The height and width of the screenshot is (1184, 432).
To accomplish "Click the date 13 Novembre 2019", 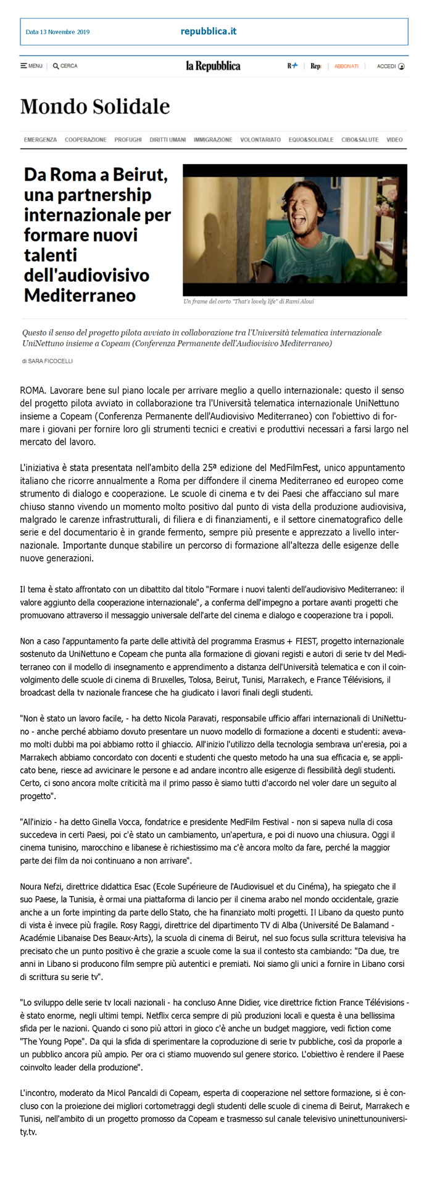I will pos(57,32).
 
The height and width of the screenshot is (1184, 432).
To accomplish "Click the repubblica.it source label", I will pos(209,31).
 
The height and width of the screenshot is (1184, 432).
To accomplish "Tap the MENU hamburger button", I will pos(31,66).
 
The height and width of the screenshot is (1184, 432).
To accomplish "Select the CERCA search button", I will pos(65,66).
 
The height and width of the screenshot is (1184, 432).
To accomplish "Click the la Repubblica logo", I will pos(214,66).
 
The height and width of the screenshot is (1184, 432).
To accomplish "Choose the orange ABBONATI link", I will pos(346,66).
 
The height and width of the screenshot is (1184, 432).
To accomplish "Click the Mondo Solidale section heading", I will pos(95,107).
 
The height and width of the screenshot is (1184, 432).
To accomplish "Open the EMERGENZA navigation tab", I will pos(40,140).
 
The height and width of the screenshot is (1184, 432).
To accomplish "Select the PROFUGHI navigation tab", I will pos(128,140).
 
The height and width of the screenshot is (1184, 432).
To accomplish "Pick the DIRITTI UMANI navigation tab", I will pos(167,140).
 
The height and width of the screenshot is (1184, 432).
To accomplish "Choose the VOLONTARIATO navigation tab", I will pos(260,140).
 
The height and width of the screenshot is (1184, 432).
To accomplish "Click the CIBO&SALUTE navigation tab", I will pos(360,140).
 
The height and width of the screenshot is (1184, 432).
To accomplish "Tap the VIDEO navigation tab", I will pos(394,140).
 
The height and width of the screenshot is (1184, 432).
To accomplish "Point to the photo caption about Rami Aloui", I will pos(248,302).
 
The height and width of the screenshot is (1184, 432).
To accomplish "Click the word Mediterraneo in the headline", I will pos(80,295).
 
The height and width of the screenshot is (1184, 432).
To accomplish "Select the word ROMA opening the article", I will pos(32,390).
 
